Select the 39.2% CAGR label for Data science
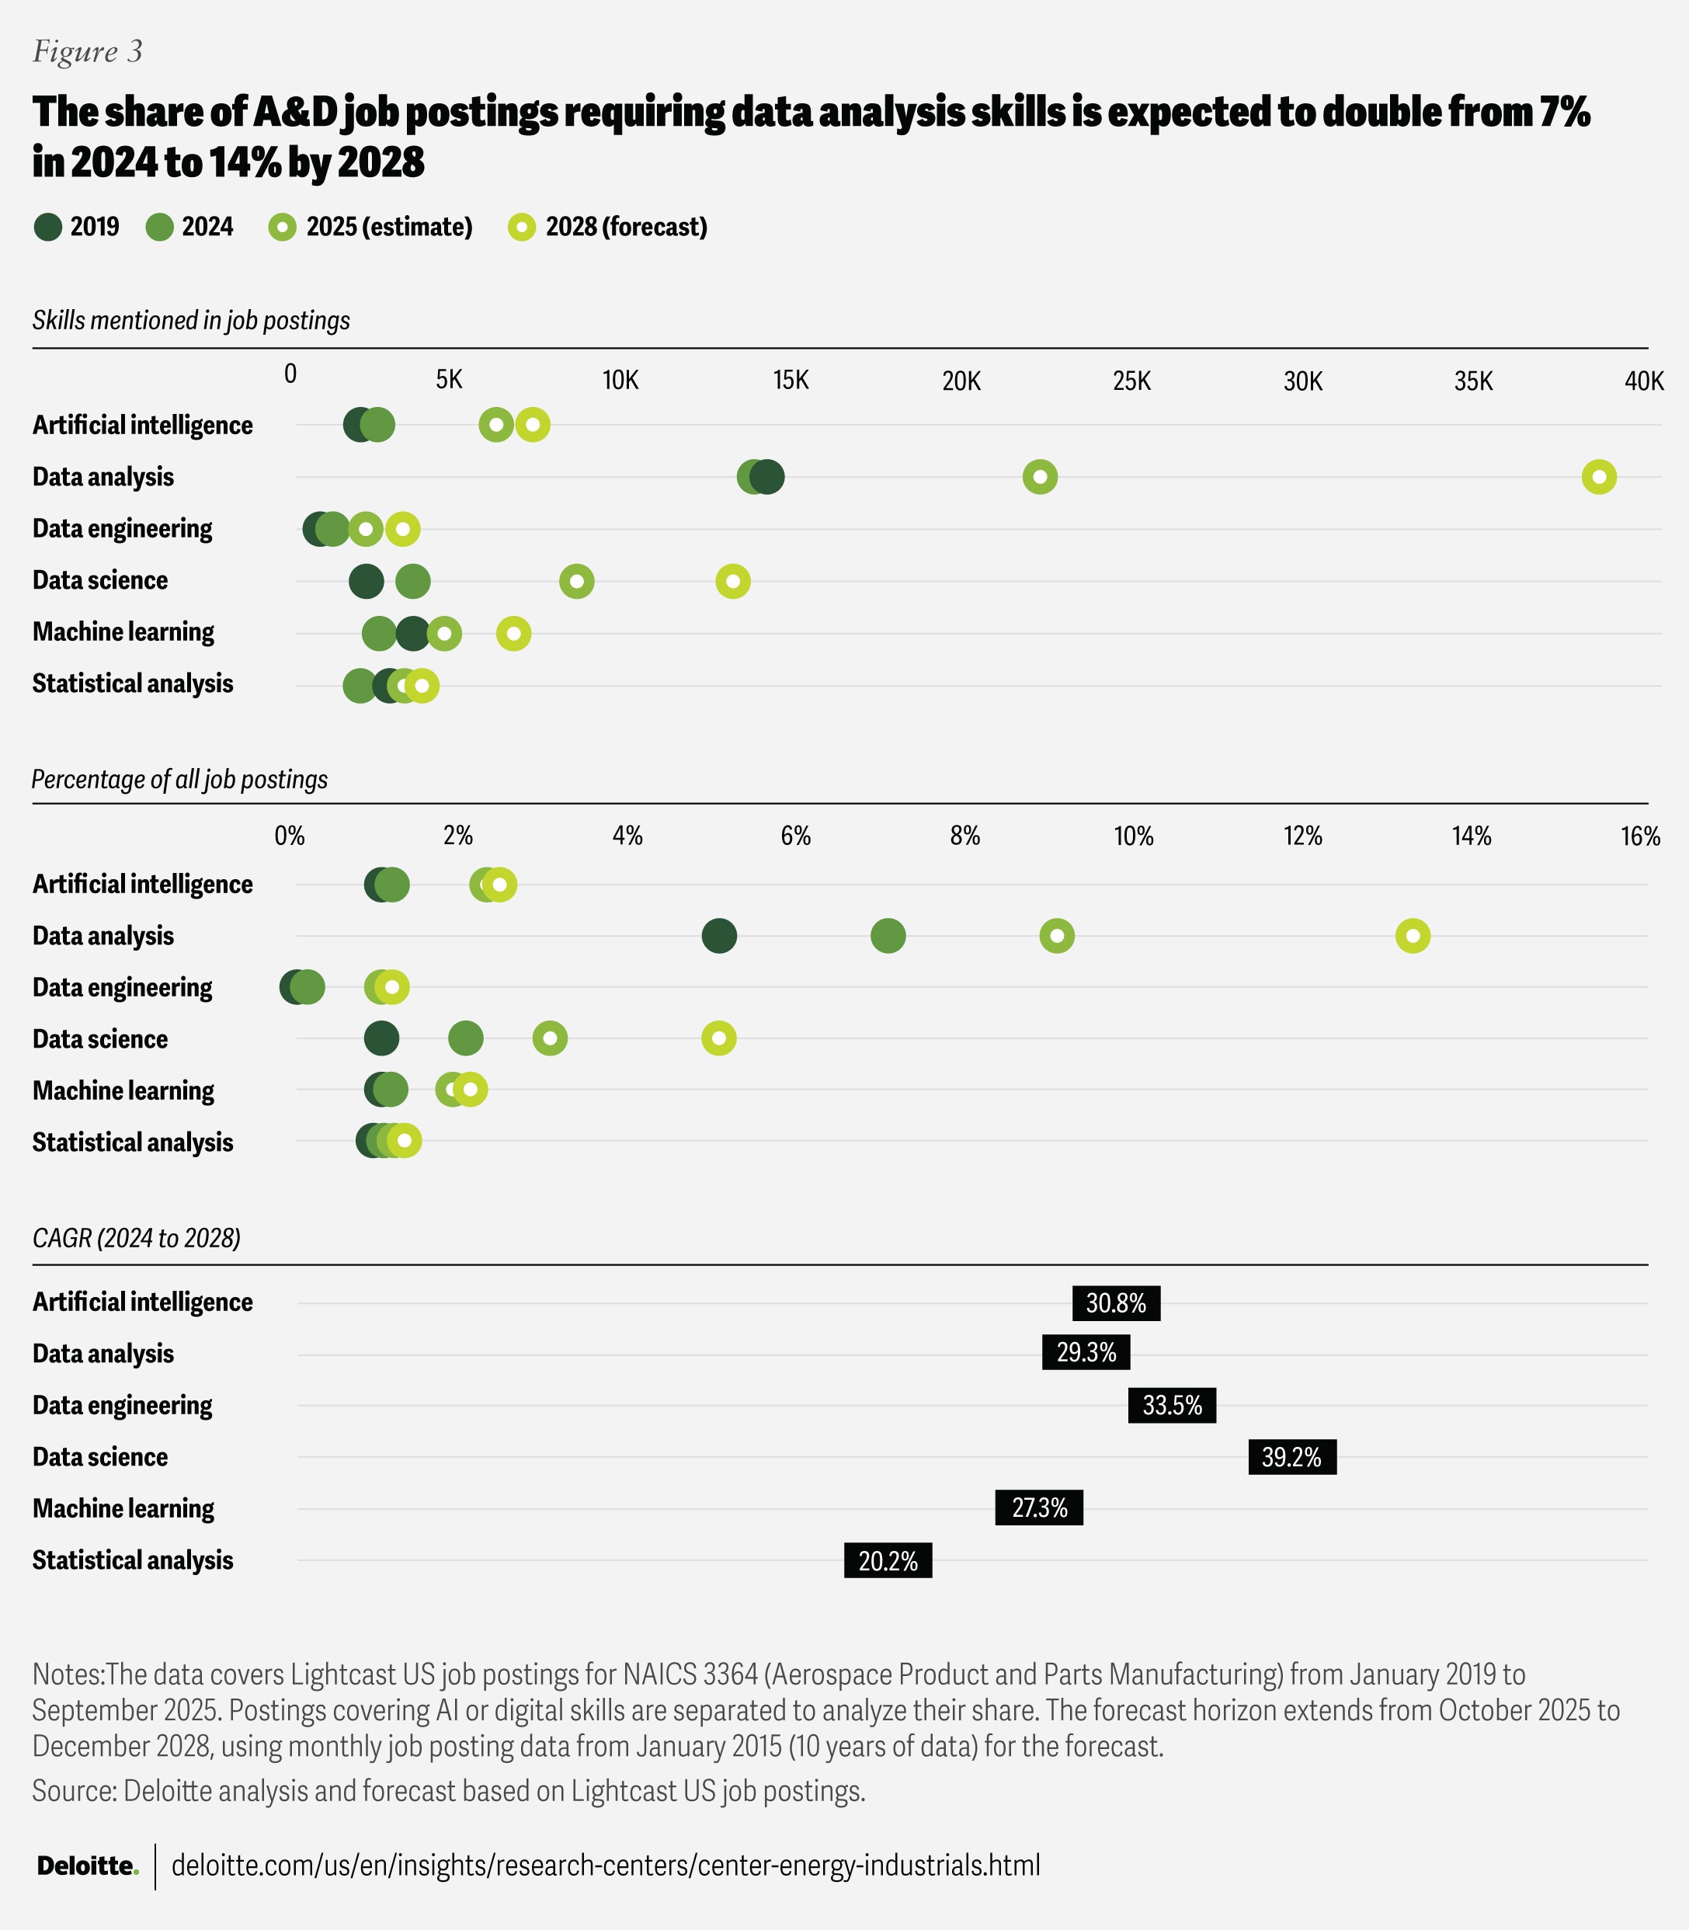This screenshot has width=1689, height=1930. point(1291,1458)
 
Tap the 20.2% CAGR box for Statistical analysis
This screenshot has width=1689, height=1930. point(888,1561)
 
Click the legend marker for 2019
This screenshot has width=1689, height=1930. point(48,228)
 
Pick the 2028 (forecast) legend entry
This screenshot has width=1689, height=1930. point(608,228)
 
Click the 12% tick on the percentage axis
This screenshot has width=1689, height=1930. point(1302,836)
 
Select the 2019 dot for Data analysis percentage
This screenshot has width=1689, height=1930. point(719,936)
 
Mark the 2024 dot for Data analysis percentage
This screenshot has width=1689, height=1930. point(888,936)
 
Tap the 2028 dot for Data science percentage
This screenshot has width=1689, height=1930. point(719,1039)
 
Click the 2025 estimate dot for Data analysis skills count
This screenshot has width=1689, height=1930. point(1040,477)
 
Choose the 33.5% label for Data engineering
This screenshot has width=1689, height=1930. point(1172,1406)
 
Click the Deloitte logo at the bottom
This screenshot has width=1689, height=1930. point(88,1866)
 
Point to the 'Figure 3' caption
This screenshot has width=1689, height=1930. point(88,51)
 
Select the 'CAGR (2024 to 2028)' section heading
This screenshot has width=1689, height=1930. point(137,1238)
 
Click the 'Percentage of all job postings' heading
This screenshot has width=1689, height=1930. point(180,780)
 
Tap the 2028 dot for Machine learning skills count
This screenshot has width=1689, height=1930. point(513,634)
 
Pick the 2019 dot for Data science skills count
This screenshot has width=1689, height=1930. point(366,582)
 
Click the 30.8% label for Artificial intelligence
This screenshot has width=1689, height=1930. point(1116,1304)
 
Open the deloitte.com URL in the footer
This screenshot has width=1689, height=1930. point(606,1866)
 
